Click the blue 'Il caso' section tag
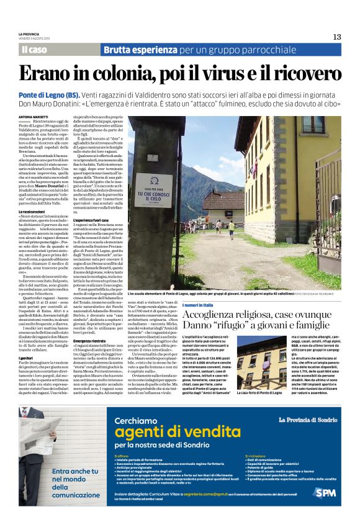(x=34, y=50)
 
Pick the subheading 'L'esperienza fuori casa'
(x=92, y=221)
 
